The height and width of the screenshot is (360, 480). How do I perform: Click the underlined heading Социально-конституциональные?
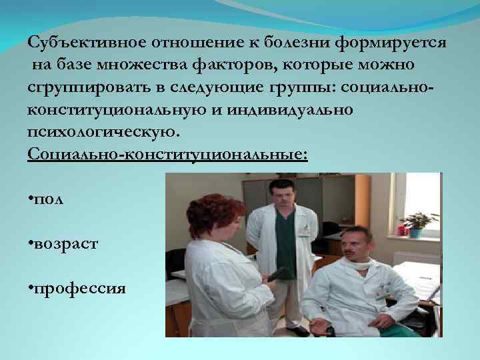click(168, 155)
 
